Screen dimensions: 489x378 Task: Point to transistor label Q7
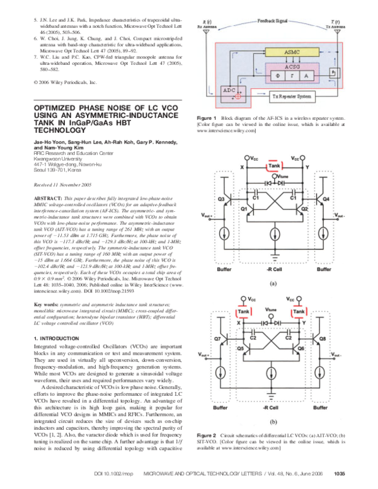(217, 339)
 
